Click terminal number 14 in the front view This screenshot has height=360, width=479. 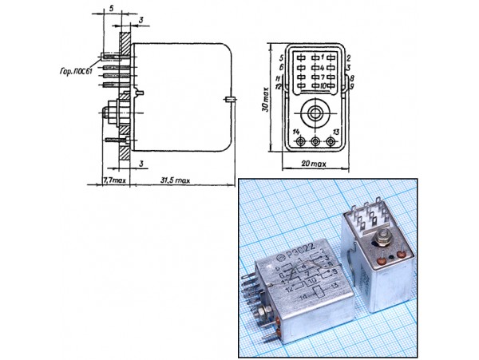pos(296,130)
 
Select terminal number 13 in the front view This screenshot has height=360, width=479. pos(336,130)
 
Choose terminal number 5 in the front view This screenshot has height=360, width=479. pos(282,58)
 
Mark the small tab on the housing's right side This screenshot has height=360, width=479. pos(229,100)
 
